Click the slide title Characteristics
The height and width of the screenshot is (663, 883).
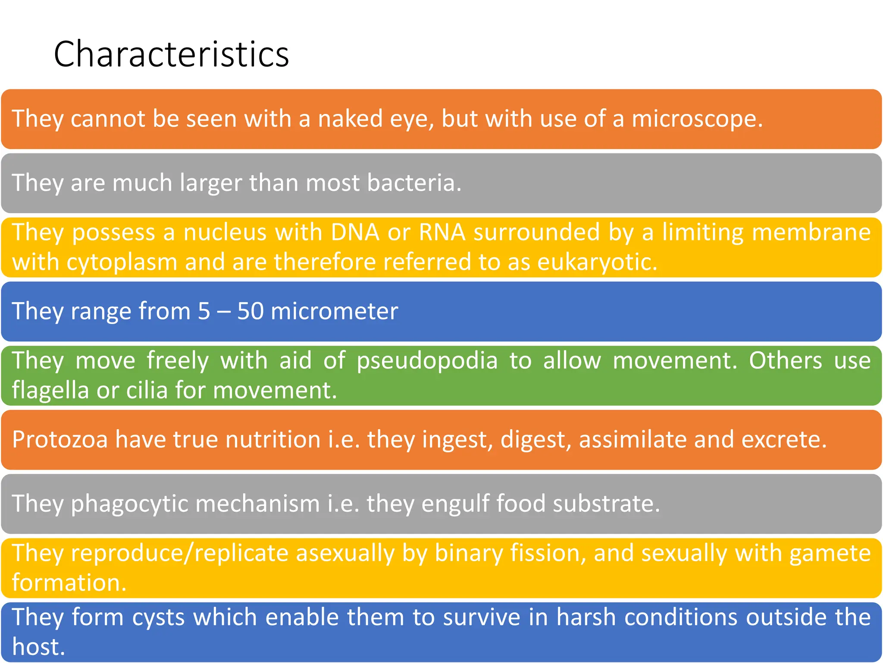pos(171,54)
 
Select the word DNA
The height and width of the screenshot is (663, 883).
pos(355,232)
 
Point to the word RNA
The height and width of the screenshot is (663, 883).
pos(442,232)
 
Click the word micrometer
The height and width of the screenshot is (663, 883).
pos(334,311)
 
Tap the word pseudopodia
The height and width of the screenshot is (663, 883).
pos(427,360)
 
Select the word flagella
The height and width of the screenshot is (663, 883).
pos(50,391)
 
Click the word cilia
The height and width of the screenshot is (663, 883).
pos(147,391)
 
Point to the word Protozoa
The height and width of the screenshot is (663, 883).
pos(59,440)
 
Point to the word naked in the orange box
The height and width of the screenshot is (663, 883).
pos(350,119)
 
